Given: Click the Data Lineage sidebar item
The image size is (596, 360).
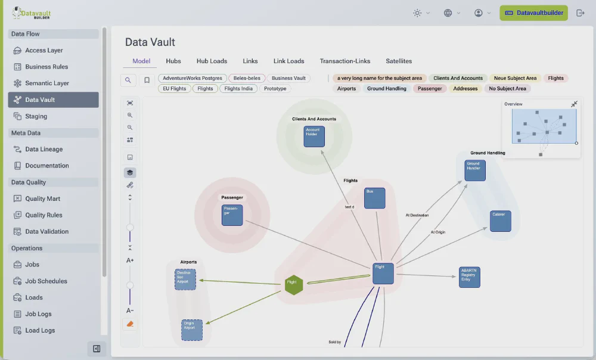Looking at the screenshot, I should point(44,149).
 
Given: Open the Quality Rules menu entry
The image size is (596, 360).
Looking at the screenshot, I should point(44,215).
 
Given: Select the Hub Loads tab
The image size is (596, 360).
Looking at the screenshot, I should point(212,61).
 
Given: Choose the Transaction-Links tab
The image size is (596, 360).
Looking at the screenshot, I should point(344,61).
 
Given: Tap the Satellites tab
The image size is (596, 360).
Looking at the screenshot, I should point(399,61).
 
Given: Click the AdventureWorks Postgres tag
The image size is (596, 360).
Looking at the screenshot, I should point(192,78).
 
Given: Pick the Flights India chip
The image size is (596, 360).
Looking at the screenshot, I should point(238,89).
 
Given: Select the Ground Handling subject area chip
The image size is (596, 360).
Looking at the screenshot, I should point(386,89).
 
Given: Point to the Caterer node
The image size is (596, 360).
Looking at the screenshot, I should point(501,221).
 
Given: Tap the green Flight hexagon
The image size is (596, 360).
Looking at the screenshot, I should point(293,284).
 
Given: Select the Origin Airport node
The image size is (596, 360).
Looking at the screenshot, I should point(192,330).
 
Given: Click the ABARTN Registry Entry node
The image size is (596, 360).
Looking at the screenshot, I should point(469,277).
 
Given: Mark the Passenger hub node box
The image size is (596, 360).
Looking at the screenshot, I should point(232,215).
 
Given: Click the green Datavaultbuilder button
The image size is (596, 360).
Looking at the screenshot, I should point(533,13).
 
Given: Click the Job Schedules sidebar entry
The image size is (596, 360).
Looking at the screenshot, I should point(46,281).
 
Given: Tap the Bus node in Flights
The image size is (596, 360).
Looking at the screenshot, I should point(374,198).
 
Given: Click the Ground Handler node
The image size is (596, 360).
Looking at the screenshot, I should point(475,170).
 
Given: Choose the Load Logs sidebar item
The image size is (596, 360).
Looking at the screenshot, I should point(40,330).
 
